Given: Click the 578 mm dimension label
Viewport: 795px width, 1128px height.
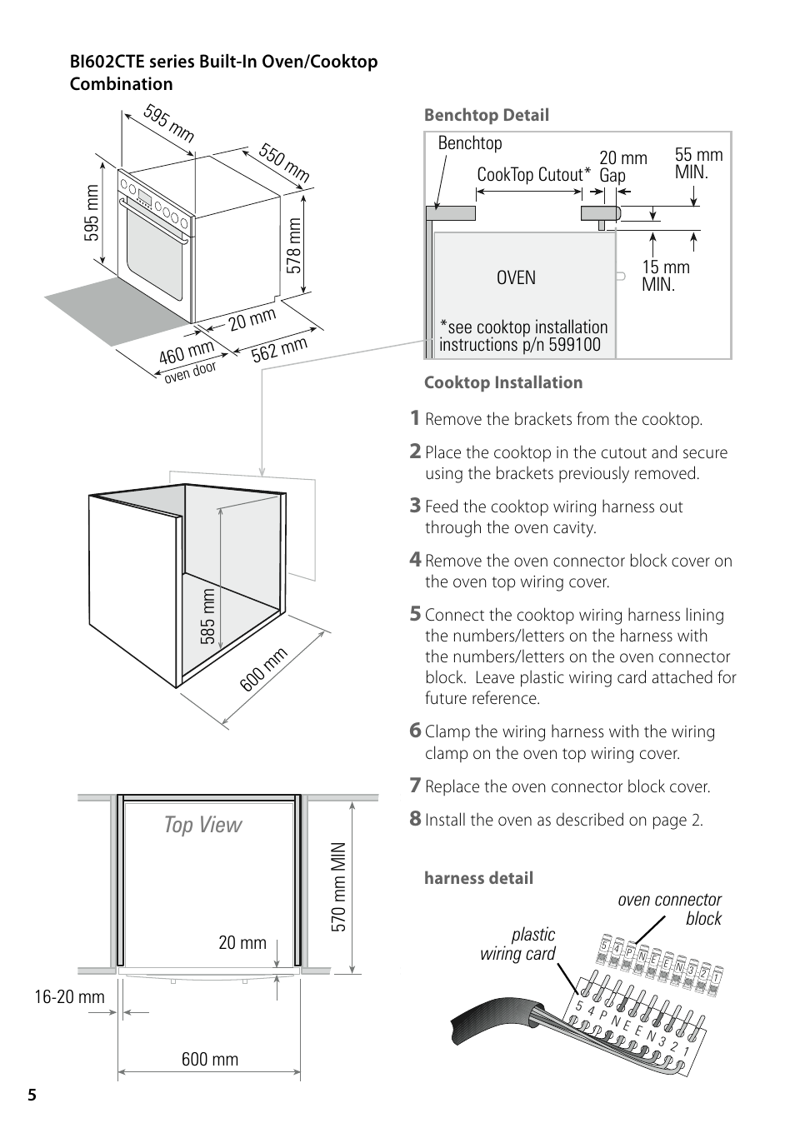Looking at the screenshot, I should (x=294, y=245).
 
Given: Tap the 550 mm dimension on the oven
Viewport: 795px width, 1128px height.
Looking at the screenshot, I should (x=284, y=162).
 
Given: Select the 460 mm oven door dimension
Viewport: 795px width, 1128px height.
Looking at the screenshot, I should (x=187, y=353).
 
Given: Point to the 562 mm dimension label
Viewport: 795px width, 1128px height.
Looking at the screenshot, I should (x=280, y=349).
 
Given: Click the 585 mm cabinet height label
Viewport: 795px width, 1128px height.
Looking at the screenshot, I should (x=207, y=616).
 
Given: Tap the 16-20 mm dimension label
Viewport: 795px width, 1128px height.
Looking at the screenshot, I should (x=69, y=996).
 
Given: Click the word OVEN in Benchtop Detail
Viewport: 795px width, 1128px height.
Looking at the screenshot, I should (x=516, y=277).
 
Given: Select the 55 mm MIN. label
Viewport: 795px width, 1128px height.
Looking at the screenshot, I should (x=698, y=163).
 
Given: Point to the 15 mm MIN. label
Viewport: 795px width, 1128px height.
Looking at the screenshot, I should (x=665, y=276).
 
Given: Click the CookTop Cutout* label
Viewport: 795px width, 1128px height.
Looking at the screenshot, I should (x=533, y=175).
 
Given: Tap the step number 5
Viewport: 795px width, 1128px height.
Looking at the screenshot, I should (x=415, y=614).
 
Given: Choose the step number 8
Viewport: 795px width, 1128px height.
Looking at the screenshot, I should (x=415, y=819).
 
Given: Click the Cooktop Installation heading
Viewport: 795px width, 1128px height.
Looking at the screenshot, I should (x=503, y=382).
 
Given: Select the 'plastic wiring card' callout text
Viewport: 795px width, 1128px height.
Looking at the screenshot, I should (x=518, y=944).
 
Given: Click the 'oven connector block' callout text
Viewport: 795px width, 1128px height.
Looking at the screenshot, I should (x=670, y=909).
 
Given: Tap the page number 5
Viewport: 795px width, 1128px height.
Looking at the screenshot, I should (x=32, y=1095).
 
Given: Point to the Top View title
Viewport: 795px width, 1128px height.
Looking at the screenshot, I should (x=202, y=825).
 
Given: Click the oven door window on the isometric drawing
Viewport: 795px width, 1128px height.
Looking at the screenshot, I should (x=154, y=257).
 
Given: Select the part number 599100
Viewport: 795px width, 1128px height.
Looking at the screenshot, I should (x=573, y=345).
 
